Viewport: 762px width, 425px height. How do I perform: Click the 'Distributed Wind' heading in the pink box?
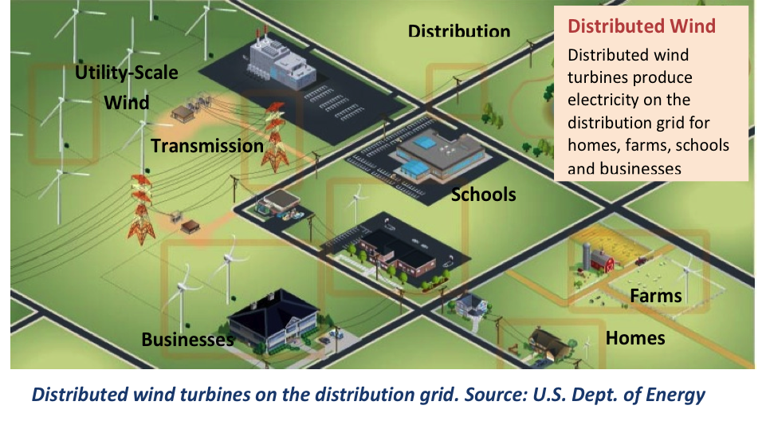coord(642,26)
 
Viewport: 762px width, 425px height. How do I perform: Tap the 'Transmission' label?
coord(207,146)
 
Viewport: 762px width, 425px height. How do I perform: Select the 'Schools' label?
coord(484,195)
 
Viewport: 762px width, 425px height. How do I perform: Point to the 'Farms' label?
coord(656,296)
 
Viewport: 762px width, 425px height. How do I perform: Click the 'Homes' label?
coord(635,338)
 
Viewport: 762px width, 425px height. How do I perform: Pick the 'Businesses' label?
coord(187,340)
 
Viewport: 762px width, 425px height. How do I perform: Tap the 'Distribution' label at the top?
coord(459,31)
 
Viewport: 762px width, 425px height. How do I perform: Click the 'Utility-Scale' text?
coord(127,73)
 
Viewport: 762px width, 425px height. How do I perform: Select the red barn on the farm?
coord(602,260)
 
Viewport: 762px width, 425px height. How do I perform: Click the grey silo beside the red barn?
coord(586,256)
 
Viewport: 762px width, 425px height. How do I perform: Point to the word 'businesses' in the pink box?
coord(641,168)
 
